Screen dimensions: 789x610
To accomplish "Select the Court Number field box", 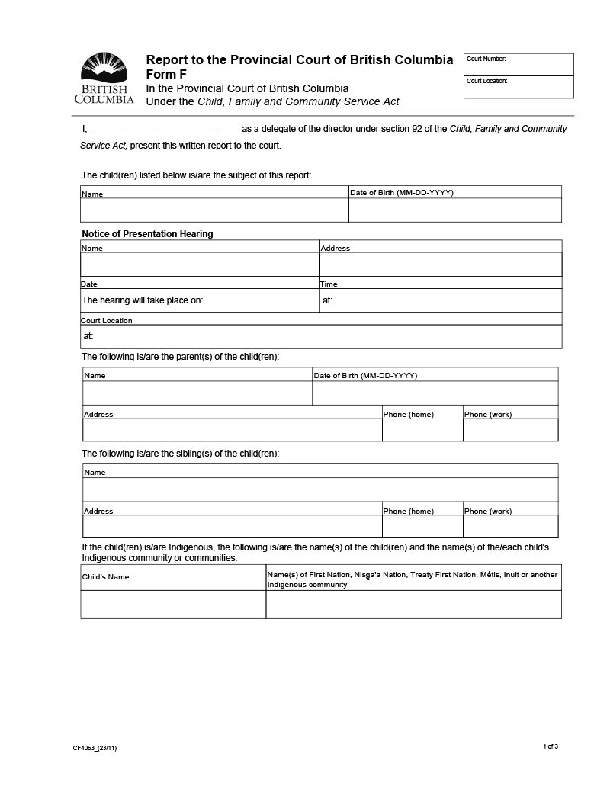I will pos(518,65).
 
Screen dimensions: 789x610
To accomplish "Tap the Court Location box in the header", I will pos(518,87).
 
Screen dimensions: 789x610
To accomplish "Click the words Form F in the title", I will pos(166,74).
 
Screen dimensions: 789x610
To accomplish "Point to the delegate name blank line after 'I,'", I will pos(165,129).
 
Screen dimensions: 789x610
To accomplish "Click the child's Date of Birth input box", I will pos(454,210).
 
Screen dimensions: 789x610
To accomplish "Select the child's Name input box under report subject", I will pos(214,210).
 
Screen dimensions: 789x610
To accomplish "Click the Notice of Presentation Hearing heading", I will pos(147,234).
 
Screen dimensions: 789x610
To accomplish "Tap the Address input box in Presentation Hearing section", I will pos(440,265).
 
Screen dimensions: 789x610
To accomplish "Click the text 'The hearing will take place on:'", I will pos(143,300).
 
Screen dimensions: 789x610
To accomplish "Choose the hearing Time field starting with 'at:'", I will pos(440,300).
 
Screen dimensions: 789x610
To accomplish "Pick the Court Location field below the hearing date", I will pos(321,336).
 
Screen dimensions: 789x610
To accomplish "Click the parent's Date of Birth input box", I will pos(435,393).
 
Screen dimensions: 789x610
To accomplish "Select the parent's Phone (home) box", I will pos(422,430).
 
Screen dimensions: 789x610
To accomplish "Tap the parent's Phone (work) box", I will pos(510,430).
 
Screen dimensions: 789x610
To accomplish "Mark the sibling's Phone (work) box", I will pos(510,526).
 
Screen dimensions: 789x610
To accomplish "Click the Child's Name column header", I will pos(106,577).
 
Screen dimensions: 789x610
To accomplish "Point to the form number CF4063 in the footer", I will pos(95,748).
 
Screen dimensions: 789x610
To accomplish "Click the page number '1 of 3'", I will pos(551,746).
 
